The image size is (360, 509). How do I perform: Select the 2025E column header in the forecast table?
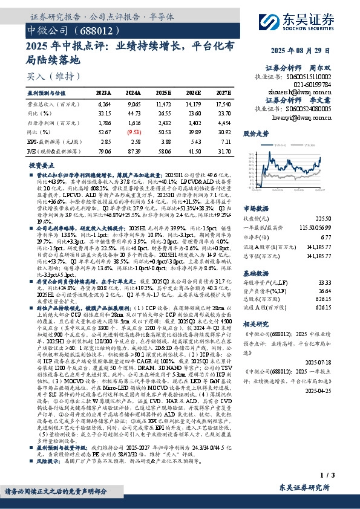point(163,93)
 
